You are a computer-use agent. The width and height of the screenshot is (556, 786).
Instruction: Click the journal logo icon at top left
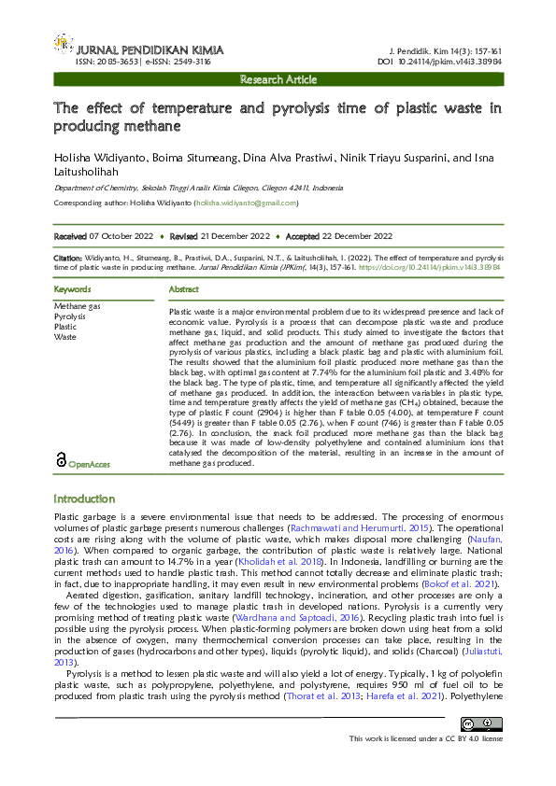(63, 43)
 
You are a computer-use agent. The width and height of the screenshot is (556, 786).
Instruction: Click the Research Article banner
(278, 80)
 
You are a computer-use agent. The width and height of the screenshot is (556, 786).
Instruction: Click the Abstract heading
(183, 290)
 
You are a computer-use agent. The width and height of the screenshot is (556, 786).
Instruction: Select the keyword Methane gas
(77, 306)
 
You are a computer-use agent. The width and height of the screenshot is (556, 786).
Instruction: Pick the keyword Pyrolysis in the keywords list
(70, 316)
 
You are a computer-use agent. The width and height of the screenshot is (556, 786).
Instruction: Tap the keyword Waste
(64, 337)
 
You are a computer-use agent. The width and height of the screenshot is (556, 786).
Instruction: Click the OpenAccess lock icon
(61, 459)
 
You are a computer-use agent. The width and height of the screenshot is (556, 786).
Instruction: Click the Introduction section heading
(84, 499)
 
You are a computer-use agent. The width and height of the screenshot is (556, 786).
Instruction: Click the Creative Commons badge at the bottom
(481, 723)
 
